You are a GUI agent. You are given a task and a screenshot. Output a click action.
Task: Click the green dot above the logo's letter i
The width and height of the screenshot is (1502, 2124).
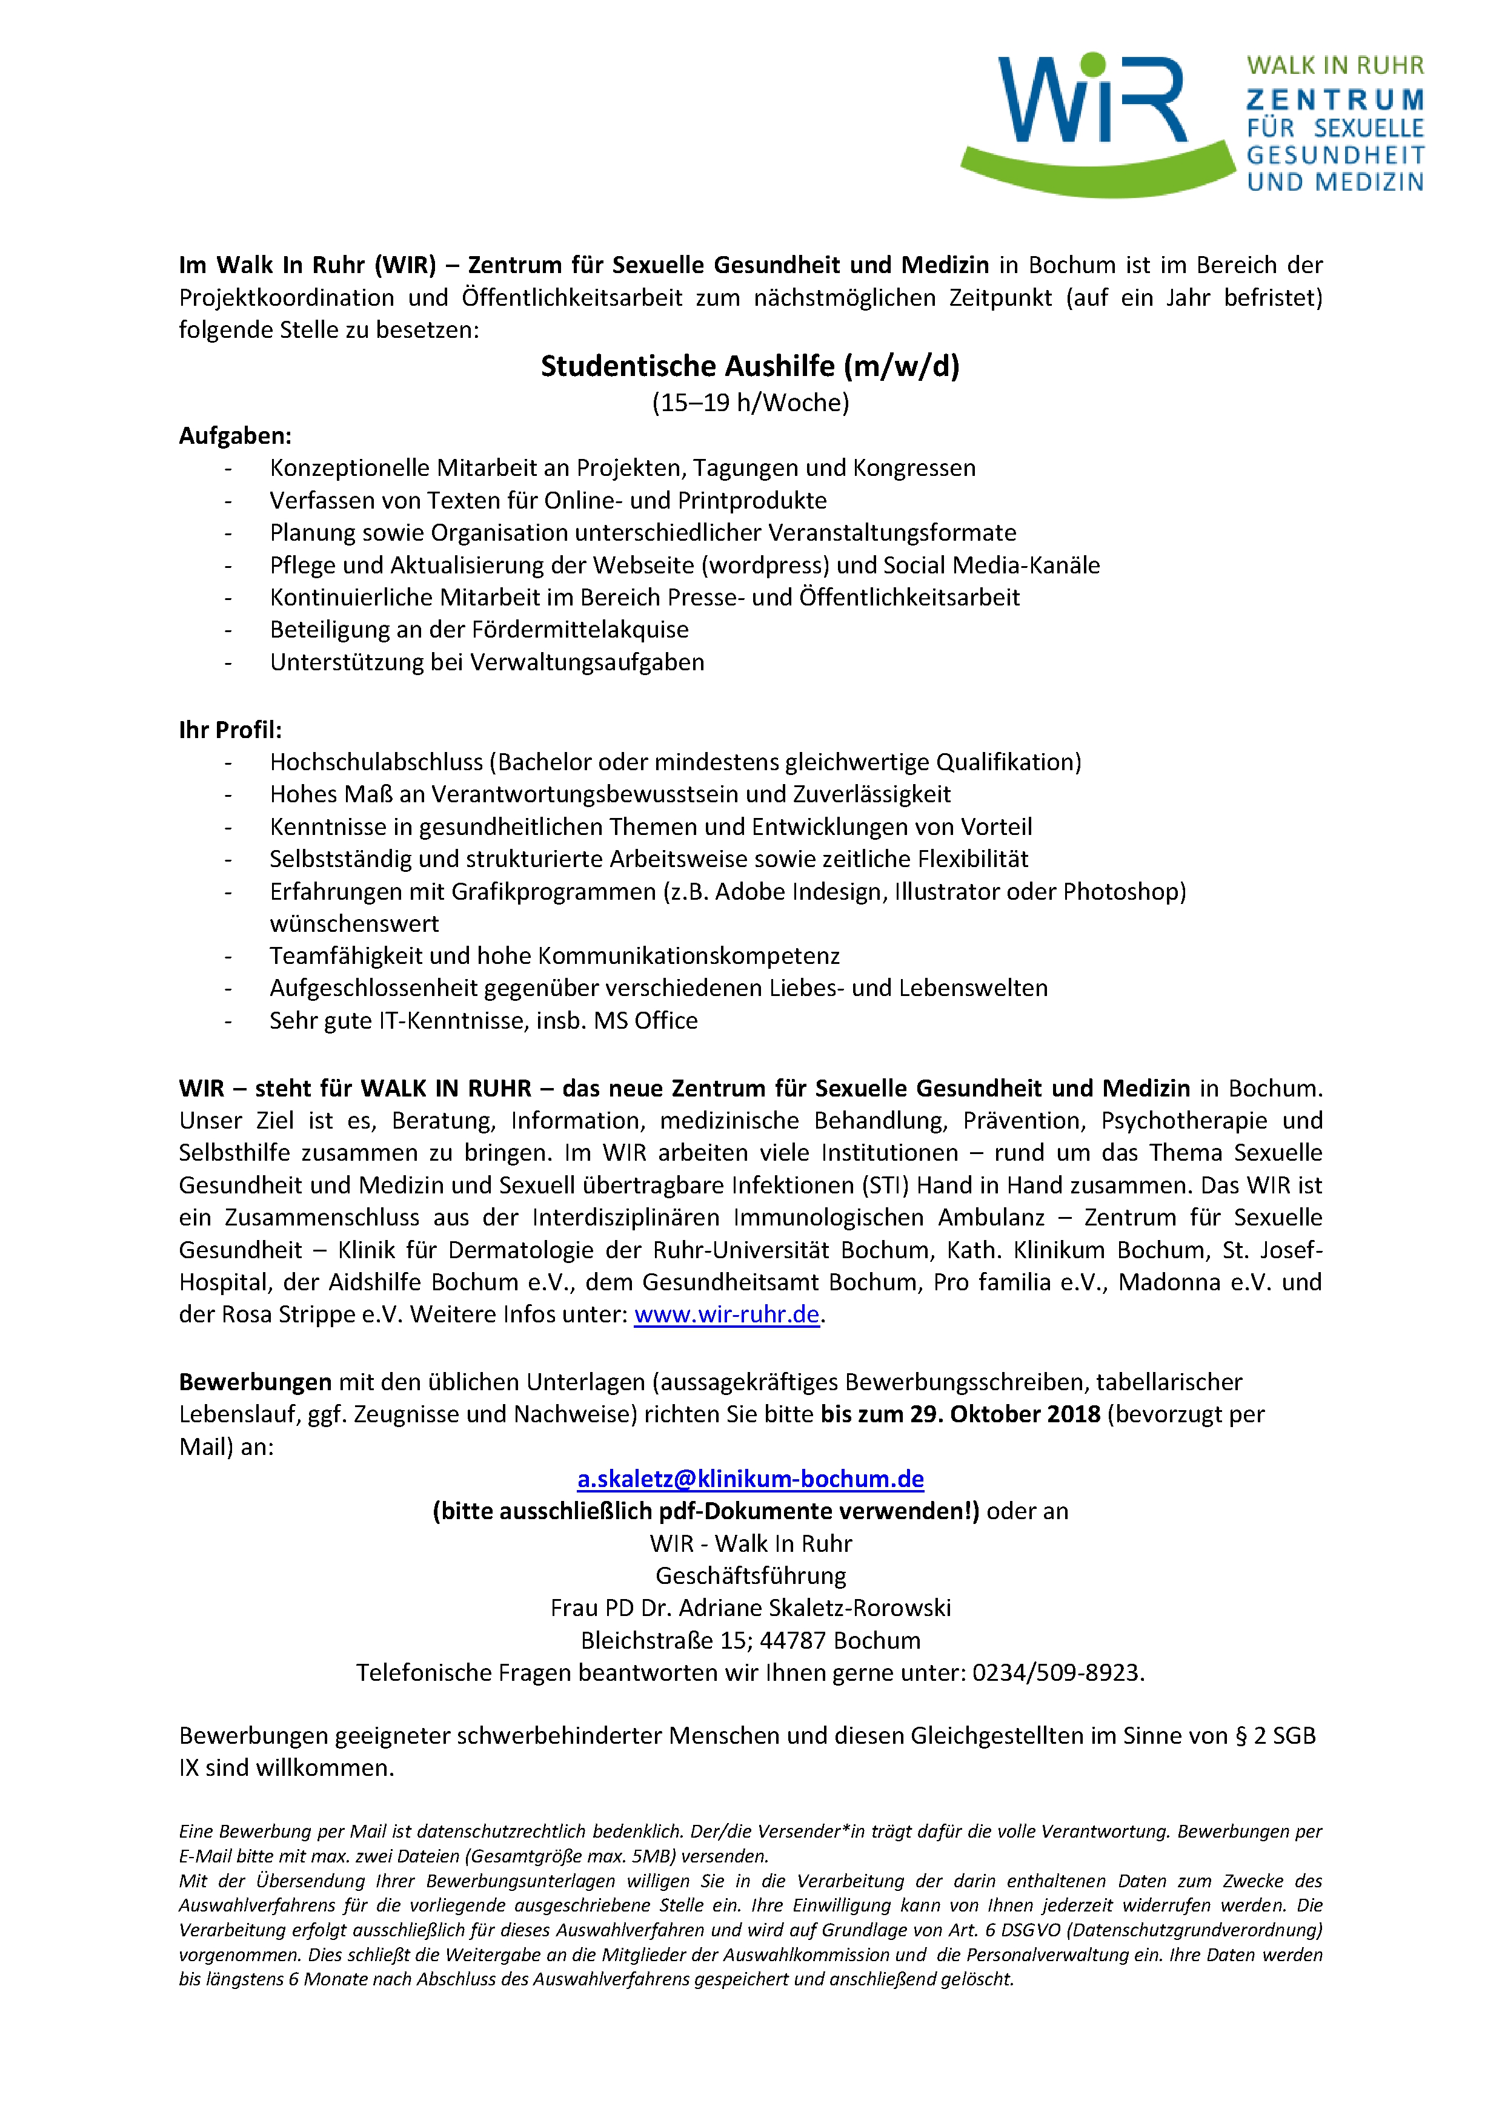pyautogui.click(x=1093, y=64)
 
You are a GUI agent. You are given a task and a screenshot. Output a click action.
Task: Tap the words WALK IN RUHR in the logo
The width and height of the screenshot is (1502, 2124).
pyautogui.click(x=1335, y=65)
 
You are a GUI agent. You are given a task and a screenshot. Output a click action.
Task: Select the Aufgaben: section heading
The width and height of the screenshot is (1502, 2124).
pyautogui.click(x=235, y=436)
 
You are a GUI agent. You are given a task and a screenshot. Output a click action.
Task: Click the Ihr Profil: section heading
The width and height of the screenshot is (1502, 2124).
pyautogui.click(x=230, y=730)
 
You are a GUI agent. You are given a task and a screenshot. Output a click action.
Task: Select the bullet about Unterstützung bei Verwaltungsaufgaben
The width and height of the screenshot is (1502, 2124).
pyautogui.click(x=487, y=662)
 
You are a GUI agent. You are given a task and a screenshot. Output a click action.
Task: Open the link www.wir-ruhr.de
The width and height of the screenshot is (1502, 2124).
pyautogui.click(x=726, y=1314)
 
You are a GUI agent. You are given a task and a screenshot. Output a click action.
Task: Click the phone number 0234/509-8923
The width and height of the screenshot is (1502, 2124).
pyautogui.click(x=1056, y=1672)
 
